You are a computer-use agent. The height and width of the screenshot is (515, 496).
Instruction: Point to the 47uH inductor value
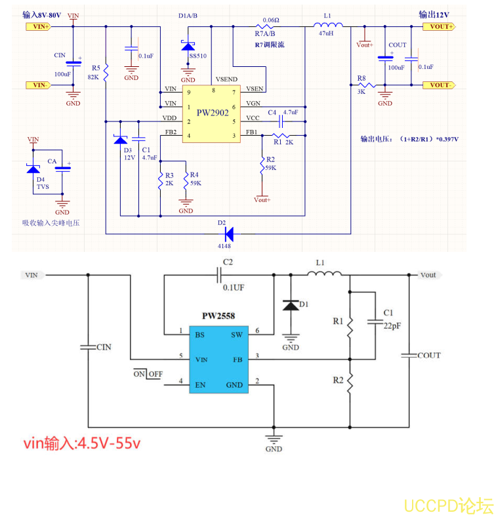pos(326,33)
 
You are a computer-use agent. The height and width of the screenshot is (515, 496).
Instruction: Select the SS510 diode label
pos(197,56)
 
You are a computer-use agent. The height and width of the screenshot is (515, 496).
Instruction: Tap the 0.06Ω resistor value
pos(270,20)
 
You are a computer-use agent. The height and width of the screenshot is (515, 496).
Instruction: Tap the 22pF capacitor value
pos(392,325)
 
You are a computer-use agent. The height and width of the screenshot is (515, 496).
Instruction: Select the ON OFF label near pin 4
pos(148,374)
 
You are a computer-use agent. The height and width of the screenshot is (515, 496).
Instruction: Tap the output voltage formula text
pos(409,139)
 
